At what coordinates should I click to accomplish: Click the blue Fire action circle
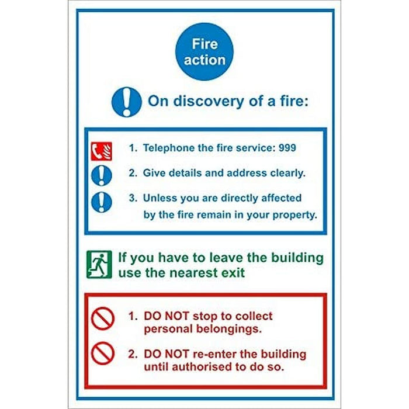point(204,51)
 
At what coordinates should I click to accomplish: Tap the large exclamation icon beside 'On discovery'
point(126,102)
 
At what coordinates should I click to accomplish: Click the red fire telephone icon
point(101,151)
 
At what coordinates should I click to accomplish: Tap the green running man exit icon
point(99,264)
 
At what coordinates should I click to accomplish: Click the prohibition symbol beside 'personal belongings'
point(103,318)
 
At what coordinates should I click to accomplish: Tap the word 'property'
point(294,214)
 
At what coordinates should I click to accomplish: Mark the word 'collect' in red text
point(254,316)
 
